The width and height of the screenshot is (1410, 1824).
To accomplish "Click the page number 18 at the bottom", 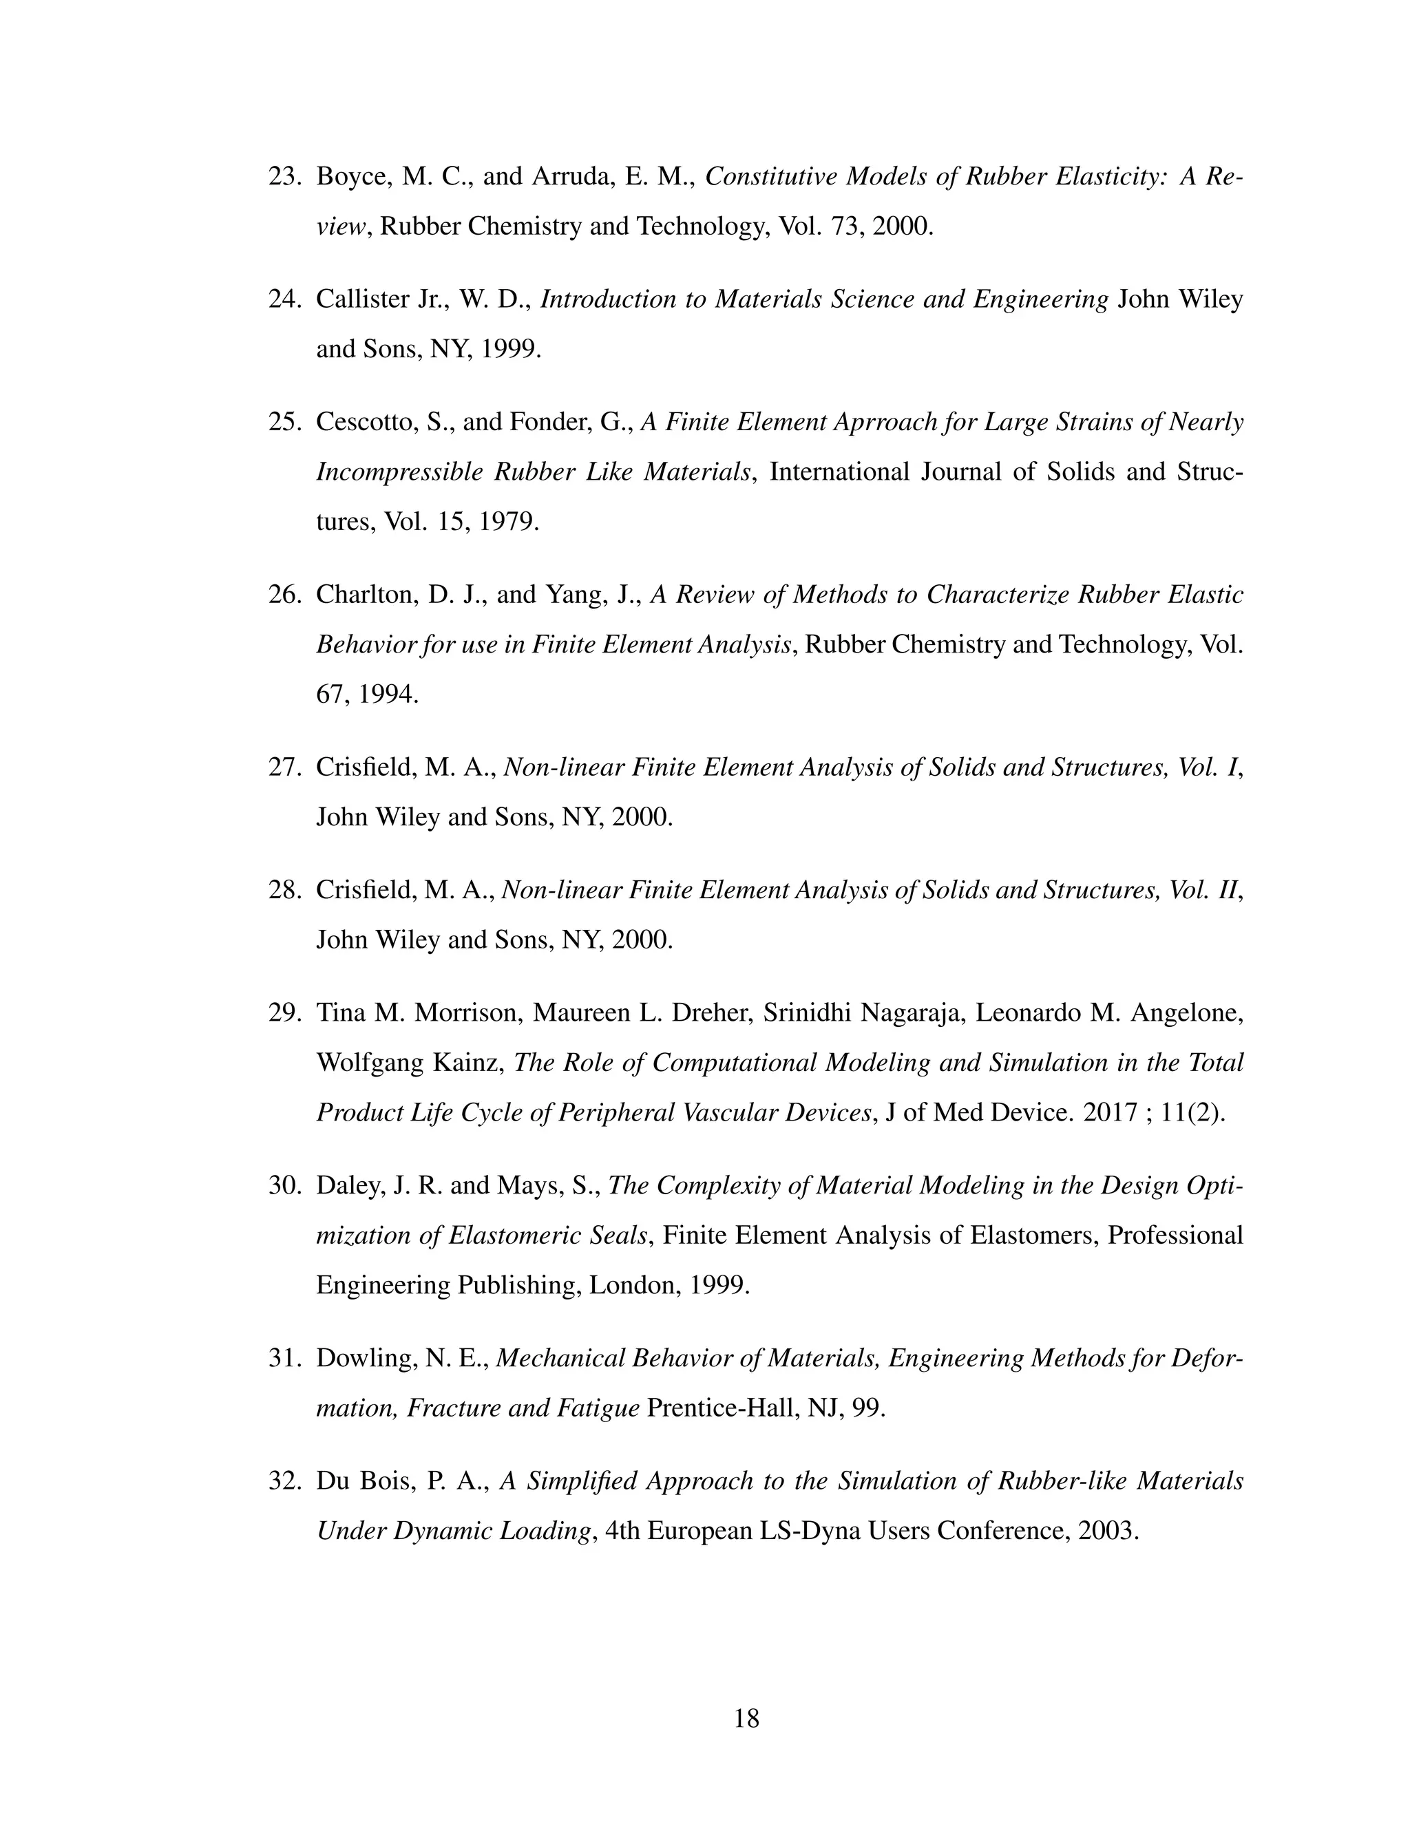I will tap(746, 1718).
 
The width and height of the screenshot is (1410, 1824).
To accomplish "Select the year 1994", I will tap(387, 693).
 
